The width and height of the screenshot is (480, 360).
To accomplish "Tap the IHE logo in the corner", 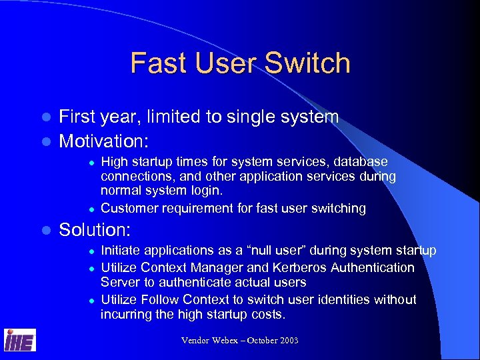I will click(20, 340).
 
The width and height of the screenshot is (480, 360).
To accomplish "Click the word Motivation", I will click(104, 141).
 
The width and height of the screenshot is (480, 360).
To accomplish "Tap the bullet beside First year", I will click(46, 117).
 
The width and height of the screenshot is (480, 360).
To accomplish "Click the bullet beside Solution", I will click(46, 231).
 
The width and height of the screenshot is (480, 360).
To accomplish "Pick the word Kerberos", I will click(311, 267).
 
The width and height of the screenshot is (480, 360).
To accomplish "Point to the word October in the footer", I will click(257, 341).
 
